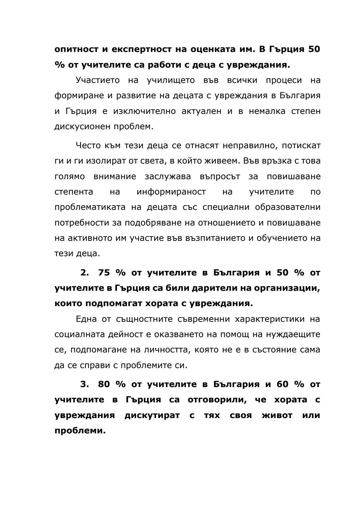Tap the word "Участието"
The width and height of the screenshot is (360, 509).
97,80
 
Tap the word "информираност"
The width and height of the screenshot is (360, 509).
171,192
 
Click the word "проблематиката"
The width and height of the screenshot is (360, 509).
90,207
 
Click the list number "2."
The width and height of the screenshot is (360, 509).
85,272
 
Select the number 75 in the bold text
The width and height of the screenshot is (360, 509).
104,272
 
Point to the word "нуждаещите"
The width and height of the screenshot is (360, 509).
293,334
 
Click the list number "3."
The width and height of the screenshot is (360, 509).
85,384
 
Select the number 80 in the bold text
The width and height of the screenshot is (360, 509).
104,384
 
